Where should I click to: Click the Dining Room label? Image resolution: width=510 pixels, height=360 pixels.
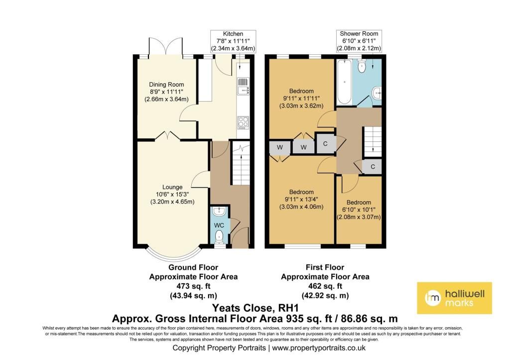pyautogui.click(x=166, y=85)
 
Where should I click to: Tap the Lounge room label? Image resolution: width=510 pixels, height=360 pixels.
pyautogui.click(x=172, y=187)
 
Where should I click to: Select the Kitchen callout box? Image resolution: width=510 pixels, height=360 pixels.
pyautogui.click(x=233, y=41)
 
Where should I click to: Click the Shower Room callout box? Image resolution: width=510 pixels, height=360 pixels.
pyautogui.click(x=359, y=41)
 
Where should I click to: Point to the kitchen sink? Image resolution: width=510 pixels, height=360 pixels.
pyautogui.click(x=243, y=87)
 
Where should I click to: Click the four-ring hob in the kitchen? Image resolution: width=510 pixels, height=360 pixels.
pyautogui.click(x=243, y=122)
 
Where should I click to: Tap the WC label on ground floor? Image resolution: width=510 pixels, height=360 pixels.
pyautogui.click(x=219, y=226)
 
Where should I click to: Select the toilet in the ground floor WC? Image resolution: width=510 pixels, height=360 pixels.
pyautogui.click(x=219, y=236)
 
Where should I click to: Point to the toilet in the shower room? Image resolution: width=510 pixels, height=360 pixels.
pyautogui.click(x=362, y=66)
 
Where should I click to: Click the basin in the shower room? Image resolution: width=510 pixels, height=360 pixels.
pyautogui.click(x=377, y=93)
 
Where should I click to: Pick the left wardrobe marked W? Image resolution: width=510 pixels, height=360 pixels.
pyautogui.click(x=280, y=147)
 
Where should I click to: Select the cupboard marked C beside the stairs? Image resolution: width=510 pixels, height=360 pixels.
pyautogui.click(x=373, y=167)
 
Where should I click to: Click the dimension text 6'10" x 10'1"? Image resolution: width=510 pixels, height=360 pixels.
pyautogui.click(x=359, y=210)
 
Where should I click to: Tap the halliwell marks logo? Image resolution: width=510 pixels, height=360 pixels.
pyautogui.click(x=454, y=298)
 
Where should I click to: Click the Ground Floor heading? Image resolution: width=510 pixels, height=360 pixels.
pyautogui.click(x=193, y=267)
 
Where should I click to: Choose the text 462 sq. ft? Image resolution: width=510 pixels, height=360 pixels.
pyautogui.click(x=325, y=286)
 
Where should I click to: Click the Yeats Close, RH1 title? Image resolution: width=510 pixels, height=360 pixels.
pyautogui.click(x=255, y=308)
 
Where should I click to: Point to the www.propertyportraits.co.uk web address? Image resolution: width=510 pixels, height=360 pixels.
pyautogui.click(x=319, y=348)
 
